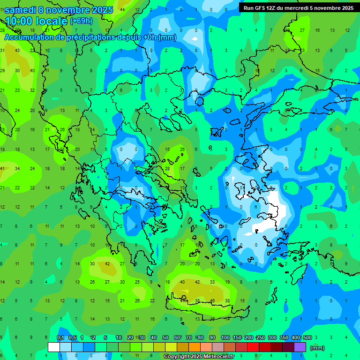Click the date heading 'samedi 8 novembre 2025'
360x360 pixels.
click(58, 10)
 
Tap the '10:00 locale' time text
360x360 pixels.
click(36, 21)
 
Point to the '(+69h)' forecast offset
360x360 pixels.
click(81, 21)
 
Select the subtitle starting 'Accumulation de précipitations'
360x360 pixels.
click(90, 37)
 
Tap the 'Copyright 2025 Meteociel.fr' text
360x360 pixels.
click(199, 357)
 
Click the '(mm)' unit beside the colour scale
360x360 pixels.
click(317, 348)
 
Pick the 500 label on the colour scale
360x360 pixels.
click(307, 338)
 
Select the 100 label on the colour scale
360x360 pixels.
click(225, 338)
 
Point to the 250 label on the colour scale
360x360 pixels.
click(260, 338)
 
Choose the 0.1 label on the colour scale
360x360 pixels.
click(60, 338)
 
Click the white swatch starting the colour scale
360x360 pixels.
click(54, 347)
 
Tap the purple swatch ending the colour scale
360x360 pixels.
click(300, 347)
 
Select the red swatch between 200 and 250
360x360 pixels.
click(253, 347)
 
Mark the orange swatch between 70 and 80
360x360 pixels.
click(195, 347)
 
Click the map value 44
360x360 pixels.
click(122, 9)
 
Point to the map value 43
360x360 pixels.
click(17, 50)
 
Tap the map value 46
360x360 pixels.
click(212, 300)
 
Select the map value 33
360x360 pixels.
click(212, 282)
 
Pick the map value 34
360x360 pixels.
click(17, 168)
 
